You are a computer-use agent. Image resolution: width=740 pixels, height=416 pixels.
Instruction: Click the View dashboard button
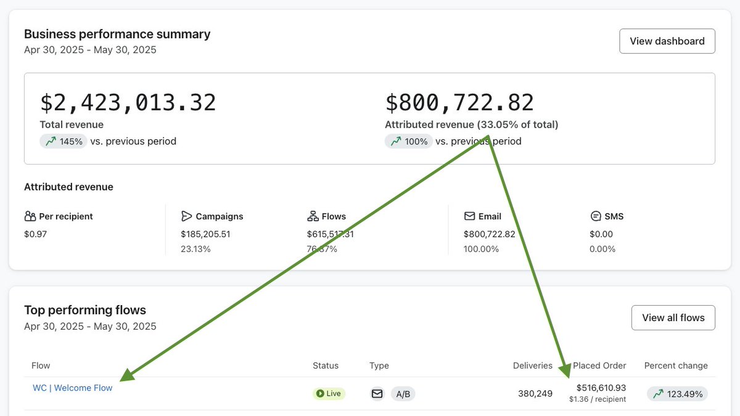coord(667,41)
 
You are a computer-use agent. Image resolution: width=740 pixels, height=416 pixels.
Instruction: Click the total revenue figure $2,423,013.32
coord(128,102)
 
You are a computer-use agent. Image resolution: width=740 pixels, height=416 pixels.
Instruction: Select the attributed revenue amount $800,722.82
coord(459,102)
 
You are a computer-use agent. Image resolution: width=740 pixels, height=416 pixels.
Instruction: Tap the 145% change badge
coord(63,141)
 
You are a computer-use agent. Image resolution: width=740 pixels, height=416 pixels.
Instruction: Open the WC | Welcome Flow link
coord(73,388)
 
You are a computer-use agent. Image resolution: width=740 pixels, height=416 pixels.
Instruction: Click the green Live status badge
coord(329,393)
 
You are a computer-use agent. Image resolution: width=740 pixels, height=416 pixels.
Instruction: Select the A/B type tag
coord(403,394)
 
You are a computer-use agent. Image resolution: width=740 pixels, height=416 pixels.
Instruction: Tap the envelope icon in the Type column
coord(377,393)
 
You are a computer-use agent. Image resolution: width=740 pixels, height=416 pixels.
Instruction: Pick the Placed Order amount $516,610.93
coord(601,388)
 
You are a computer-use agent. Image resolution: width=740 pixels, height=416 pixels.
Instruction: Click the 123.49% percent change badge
coord(677,394)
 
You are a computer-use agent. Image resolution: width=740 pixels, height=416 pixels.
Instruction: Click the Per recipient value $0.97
coord(35,234)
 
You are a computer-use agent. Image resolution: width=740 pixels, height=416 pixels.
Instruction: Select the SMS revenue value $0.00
coord(601,234)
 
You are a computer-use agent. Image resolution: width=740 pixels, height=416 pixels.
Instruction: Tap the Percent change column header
coord(676,365)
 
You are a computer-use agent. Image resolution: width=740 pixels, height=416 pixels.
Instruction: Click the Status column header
coord(326,365)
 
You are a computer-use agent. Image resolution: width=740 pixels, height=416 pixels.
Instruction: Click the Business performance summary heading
coord(117,34)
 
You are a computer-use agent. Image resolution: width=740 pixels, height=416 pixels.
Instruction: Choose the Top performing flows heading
coord(85,310)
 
